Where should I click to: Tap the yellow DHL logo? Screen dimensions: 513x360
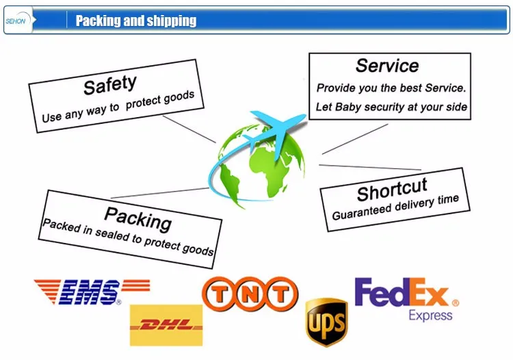pyautogui.click(x=166, y=325)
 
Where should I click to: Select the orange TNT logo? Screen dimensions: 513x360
pyautogui.click(x=250, y=294)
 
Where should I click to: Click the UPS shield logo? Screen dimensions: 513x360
pyautogui.click(x=326, y=321)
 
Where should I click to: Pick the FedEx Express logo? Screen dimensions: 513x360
pyautogui.click(x=406, y=298)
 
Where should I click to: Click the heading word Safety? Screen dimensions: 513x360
pyautogui.click(x=109, y=86)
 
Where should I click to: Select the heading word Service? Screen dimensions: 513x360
pyautogui.click(x=387, y=66)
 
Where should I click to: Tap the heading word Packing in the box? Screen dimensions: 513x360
pyautogui.click(x=137, y=218)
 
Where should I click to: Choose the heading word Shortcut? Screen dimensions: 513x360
pyautogui.click(x=392, y=188)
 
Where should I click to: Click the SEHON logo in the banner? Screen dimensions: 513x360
pyautogui.click(x=15, y=21)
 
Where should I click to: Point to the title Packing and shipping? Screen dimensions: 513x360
pyautogui.click(x=135, y=21)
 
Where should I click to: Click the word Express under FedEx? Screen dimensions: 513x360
pyautogui.click(x=430, y=315)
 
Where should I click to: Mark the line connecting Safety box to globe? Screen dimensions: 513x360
pyautogui.click(x=189, y=128)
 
